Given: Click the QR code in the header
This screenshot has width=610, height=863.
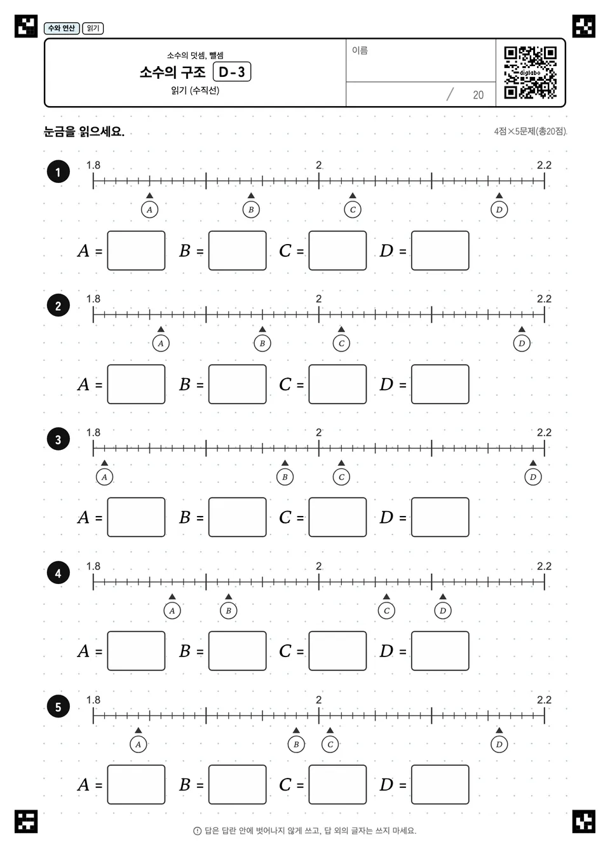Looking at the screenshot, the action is point(530,72).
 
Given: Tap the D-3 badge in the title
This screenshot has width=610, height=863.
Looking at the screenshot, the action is point(232,72).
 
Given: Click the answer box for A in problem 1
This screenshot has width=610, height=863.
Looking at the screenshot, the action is point(137,250).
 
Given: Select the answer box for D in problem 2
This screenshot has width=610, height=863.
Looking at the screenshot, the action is point(440,384).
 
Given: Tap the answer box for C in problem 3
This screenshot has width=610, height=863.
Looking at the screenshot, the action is point(337,517).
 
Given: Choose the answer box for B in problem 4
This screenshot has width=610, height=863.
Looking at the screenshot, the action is point(237,651).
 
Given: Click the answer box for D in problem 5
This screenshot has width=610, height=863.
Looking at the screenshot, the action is point(440,784).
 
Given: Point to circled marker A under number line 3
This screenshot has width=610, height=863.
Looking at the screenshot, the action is point(104,477).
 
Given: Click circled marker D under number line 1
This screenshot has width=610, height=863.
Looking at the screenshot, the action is point(499,210).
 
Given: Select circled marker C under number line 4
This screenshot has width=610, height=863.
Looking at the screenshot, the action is point(386,611).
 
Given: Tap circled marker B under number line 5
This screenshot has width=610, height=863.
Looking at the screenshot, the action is point(296,744).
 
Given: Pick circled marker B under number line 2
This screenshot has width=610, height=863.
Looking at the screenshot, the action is point(262,343).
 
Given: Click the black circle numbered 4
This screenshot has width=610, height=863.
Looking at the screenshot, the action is point(58,573).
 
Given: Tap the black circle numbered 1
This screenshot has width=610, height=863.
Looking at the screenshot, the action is point(58,172).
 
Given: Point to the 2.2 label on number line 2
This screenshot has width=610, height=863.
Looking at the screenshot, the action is point(544,299).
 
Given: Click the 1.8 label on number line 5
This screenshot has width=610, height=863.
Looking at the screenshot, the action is point(93,700).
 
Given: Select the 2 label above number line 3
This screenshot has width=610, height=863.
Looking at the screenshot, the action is point(318,432).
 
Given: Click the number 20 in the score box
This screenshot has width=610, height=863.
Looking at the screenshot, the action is point(478,95).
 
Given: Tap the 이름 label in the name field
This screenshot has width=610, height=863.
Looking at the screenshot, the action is point(360,50).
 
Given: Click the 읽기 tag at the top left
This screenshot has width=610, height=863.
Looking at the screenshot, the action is point(93,28).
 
